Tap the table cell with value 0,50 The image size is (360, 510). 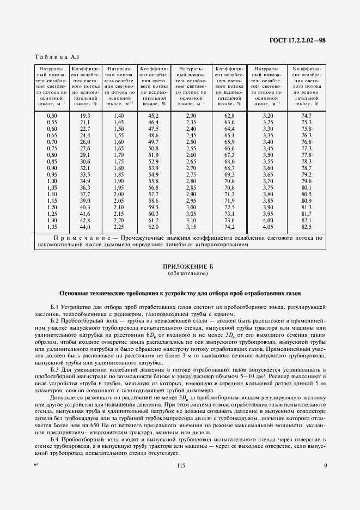coord(52,116)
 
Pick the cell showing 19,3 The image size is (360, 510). coord(85,116)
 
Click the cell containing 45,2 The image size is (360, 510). coord(154,116)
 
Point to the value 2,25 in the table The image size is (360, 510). coord(119,227)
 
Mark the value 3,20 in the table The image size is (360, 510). coord(267,116)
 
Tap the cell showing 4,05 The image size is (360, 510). coord(267,227)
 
